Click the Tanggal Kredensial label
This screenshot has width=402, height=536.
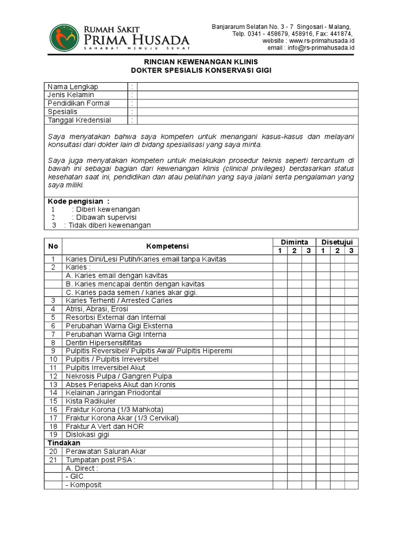coord(80,120)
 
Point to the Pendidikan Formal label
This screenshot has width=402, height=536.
coord(79,103)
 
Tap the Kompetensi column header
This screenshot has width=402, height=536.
coord(167,246)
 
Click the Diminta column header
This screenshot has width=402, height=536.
coord(294,242)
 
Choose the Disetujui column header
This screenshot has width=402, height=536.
coord(337,242)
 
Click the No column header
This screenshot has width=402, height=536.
coord(53,246)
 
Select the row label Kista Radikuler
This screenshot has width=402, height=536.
coord(91,401)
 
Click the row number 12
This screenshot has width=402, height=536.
coord(53,376)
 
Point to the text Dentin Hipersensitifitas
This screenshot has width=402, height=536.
coord(104,342)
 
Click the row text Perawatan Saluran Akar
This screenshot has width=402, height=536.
coord(106,451)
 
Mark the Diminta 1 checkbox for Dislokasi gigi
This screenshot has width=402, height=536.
coord(280,434)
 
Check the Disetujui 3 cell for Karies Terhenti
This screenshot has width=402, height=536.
coord(351,300)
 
